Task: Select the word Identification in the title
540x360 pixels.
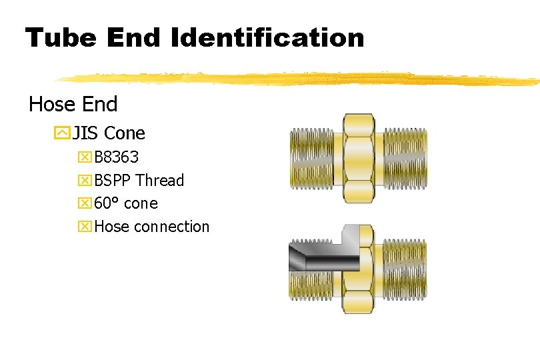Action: pyautogui.click(x=267, y=37)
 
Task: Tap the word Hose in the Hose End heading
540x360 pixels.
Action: pyautogui.click(x=50, y=104)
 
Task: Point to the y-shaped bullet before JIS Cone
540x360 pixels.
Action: pyautogui.click(x=62, y=133)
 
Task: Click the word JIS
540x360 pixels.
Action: pyautogui.click(x=85, y=133)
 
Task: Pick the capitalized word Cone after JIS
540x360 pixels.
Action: pyautogui.click(x=125, y=133)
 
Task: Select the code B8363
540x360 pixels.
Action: pyautogui.click(x=117, y=157)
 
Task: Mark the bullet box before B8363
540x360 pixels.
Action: pyautogui.click(x=85, y=158)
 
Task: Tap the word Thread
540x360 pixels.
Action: pyautogui.click(x=160, y=181)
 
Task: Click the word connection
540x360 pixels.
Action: pyautogui.click(x=171, y=227)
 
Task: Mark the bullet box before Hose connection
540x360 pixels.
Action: pyautogui.click(x=85, y=227)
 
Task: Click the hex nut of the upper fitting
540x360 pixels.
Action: pyautogui.click(x=357, y=157)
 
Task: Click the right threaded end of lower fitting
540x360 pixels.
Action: pyautogui.click(x=403, y=270)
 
